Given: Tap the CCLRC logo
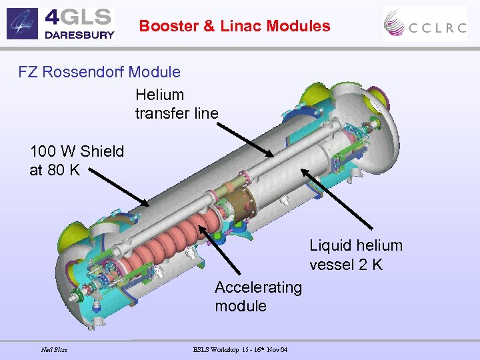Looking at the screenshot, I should pyautogui.click(x=425, y=24).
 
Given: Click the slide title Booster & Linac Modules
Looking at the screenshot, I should pyautogui.click(x=235, y=26).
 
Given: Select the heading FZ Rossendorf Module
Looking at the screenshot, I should pyautogui.click(x=99, y=71).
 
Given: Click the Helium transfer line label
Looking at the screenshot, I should pyautogui.click(x=176, y=104).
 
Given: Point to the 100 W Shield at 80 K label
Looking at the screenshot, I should pyautogui.click(x=77, y=160).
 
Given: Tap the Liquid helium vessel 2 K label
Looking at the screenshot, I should pyautogui.click(x=355, y=255).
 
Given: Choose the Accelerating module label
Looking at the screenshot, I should pyautogui.click(x=258, y=297).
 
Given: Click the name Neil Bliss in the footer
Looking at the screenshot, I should pyautogui.click(x=54, y=349).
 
